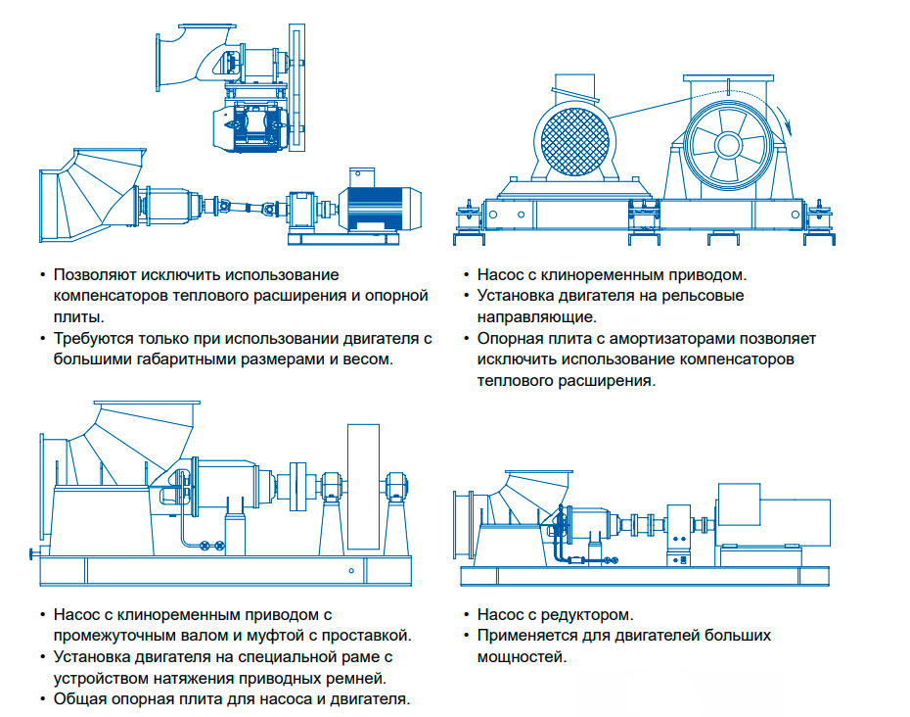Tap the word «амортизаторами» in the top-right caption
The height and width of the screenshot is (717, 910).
tap(664, 338)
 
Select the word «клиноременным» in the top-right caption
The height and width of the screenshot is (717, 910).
tap(601, 275)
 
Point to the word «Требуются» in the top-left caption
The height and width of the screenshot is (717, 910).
tap(93, 338)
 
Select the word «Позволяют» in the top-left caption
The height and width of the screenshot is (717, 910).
tap(97, 275)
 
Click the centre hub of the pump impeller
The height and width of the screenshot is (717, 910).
tap(728, 145)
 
